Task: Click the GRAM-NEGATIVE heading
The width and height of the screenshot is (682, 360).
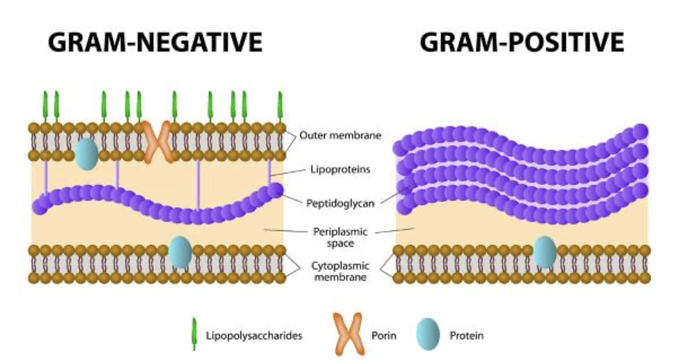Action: pyautogui.click(x=155, y=42)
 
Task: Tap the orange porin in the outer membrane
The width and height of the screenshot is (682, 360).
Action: pyautogui.click(x=156, y=142)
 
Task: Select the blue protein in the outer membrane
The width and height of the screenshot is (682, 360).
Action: pyautogui.click(x=86, y=153)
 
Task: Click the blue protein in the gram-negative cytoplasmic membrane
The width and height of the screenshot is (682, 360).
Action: pyautogui.click(x=179, y=252)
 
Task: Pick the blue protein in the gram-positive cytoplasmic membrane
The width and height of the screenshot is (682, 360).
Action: pyautogui.click(x=545, y=252)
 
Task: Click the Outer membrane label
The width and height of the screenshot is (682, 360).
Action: pyautogui.click(x=340, y=135)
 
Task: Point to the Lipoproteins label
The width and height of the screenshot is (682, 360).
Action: pyautogui.click(x=340, y=169)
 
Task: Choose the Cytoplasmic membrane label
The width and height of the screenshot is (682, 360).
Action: pyautogui.click(x=340, y=271)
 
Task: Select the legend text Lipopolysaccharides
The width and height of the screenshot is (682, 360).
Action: pyautogui.click(x=254, y=336)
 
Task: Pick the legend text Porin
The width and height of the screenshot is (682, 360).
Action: pyautogui.click(x=383, y=336)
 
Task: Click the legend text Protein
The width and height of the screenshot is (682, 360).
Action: pyautogui.click(x=466, y=336)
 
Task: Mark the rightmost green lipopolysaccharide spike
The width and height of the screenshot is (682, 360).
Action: pyautogui.click(x=280, y=106)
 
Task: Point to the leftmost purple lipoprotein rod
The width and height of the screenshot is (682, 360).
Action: pyautogui.click(x=46, y=177)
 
